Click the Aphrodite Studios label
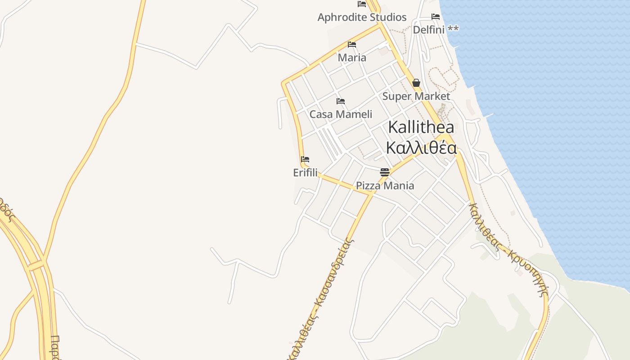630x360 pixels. coord(362,18)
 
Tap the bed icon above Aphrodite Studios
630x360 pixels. coord(362,4)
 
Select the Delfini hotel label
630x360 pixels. coord(429,30)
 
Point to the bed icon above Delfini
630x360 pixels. coord(435,17)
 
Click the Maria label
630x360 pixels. coord(352,58)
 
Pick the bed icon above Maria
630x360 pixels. coord(352,45)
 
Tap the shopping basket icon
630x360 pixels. coord(416,83)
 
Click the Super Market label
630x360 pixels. coord(416,96)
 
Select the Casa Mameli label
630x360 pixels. coord(341,114)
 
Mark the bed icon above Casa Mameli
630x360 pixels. coord(341,101)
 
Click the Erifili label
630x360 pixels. coord(305,173)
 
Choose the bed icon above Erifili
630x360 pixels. coord(305,159)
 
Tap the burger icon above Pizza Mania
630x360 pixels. coord(384,172)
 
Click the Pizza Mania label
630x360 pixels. coord(385,185)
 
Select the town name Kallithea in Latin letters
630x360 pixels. coord(421,127)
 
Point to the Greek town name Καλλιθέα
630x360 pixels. coord(421,148)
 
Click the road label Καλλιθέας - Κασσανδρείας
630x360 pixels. coord(321,297)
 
